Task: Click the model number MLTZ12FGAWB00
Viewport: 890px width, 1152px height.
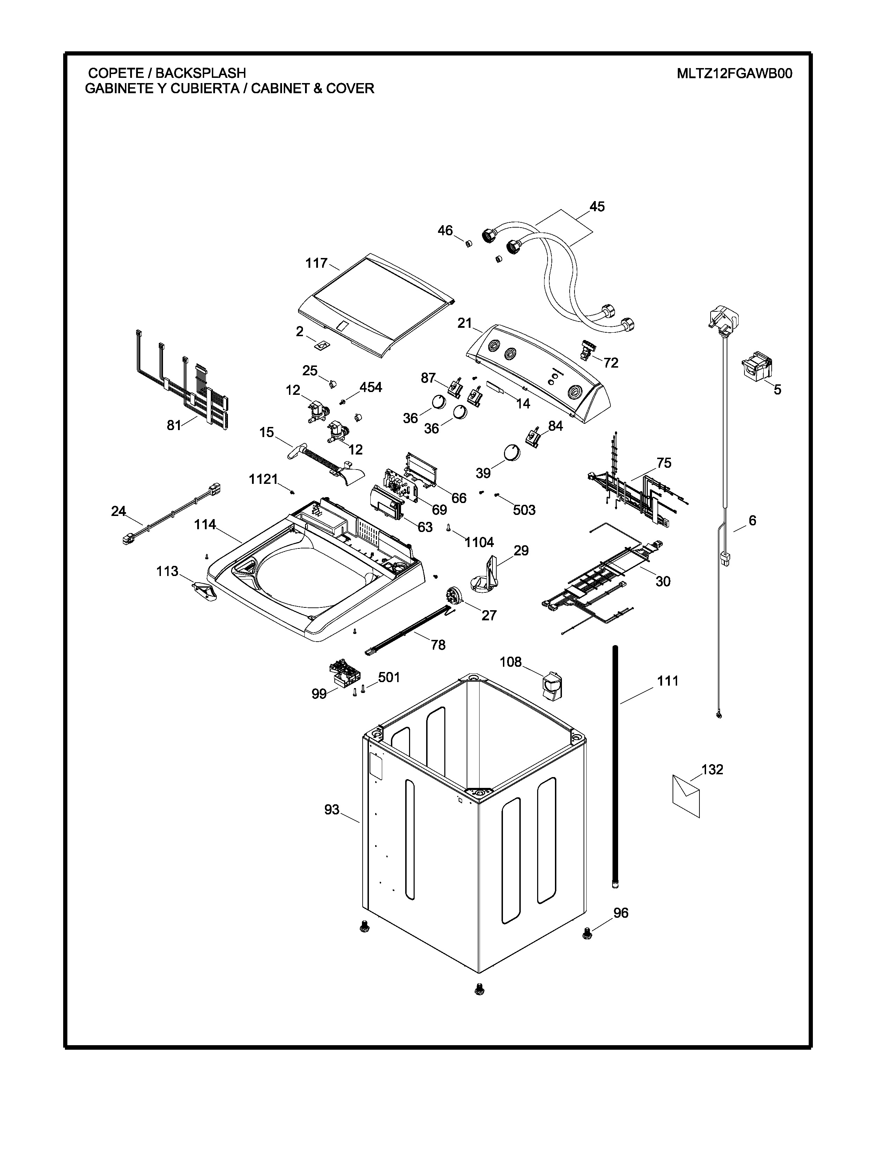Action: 734,73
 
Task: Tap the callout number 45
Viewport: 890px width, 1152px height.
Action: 597,207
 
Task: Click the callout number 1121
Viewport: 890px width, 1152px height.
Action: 263,479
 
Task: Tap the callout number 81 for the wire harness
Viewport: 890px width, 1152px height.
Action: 174,425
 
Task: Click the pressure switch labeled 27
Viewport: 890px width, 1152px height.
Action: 452,597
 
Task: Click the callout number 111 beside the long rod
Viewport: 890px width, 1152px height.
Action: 667,681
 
